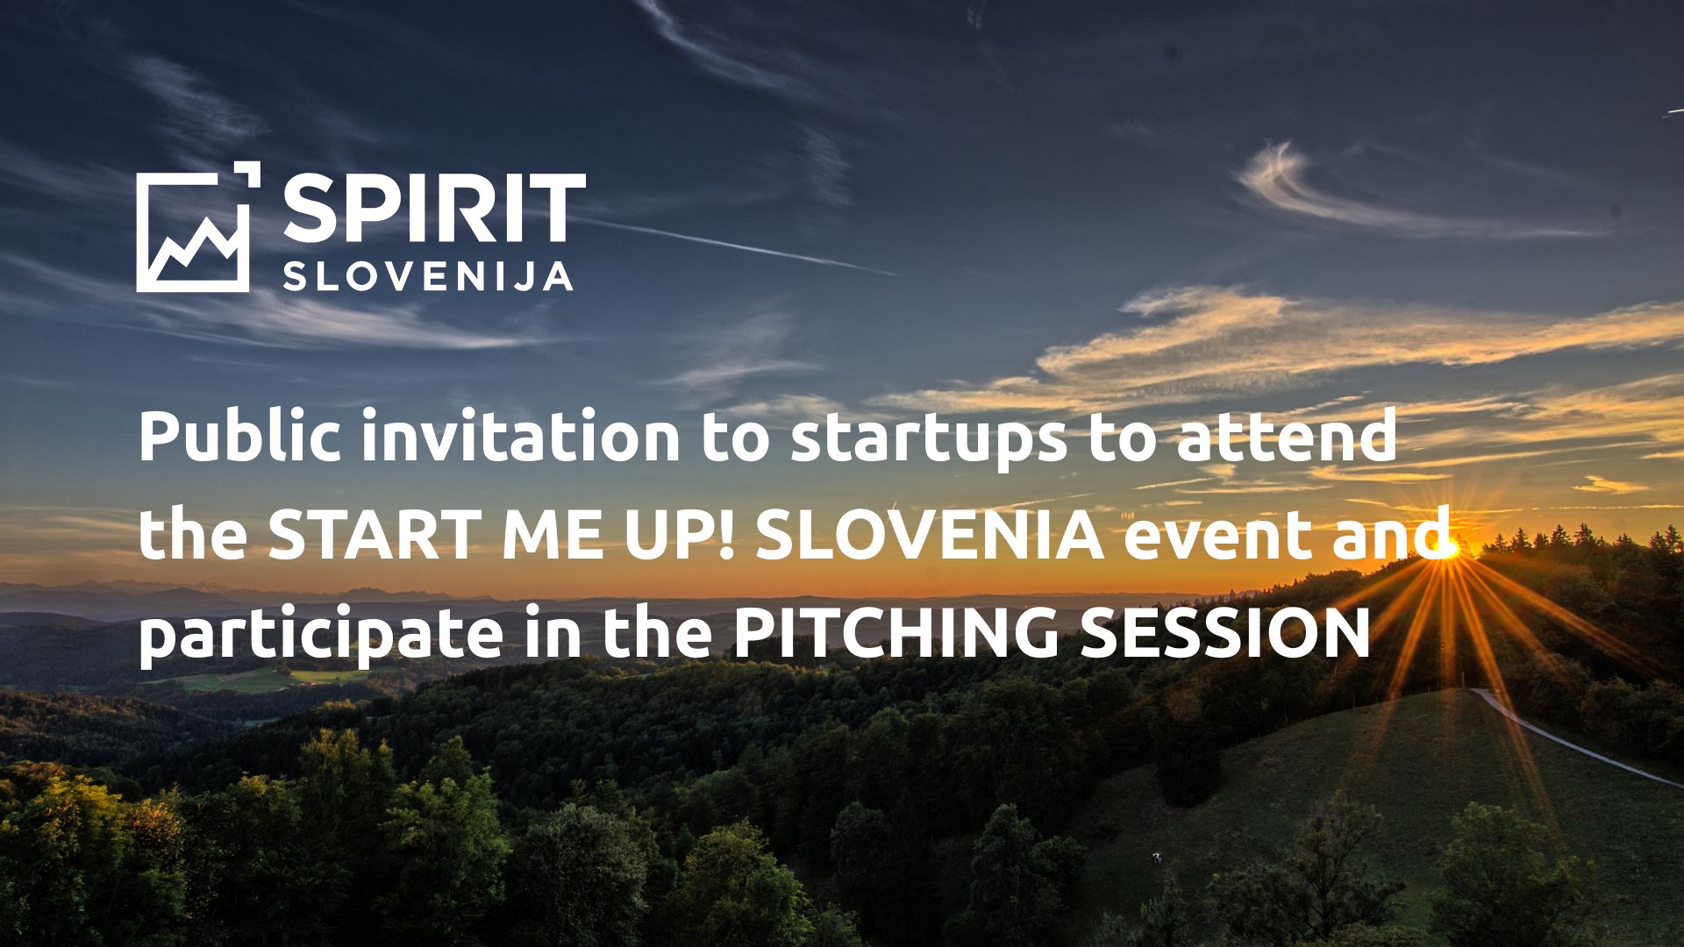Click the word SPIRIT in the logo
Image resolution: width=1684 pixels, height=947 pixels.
pyautogui.click(x=434, y=209)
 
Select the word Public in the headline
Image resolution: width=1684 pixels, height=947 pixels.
pyautogui.click(x=239, y=437)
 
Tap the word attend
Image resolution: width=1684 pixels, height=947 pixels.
pyautogui.click(x=1286, y=437)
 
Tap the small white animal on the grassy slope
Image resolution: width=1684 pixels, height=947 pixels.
pyautogui.click(x=1157, y=858)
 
